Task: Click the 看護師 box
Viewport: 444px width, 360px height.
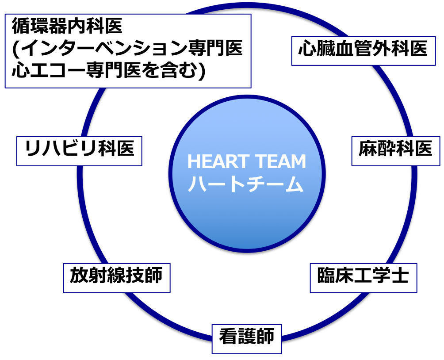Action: [247, 339]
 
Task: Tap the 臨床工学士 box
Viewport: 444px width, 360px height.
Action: [363, 278]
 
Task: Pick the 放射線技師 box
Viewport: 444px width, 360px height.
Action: [116, 278]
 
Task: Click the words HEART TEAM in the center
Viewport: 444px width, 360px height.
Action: [246, 162]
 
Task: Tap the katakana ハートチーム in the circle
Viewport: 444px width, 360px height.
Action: [246, 184]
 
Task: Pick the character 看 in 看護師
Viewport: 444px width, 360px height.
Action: [228, 338]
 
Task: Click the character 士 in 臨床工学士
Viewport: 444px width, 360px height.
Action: [399, 277]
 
